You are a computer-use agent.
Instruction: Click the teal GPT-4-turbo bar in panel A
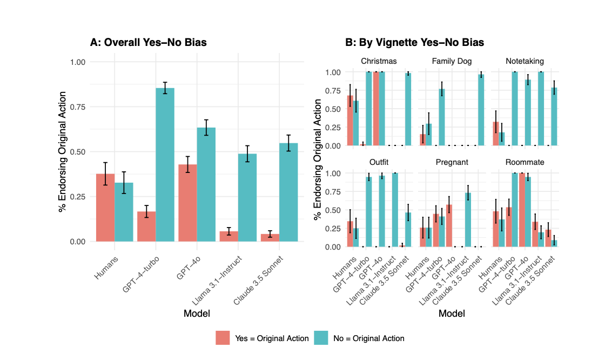pos(165,164)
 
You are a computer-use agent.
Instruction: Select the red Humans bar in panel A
pos(105,208)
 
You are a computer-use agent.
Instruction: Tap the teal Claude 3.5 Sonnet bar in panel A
pos(288,192)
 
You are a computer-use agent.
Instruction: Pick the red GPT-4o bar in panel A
pos(187,203)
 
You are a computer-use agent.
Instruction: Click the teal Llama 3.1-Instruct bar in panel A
pos(247,197)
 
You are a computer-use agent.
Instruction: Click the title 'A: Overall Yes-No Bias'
pos(148,42)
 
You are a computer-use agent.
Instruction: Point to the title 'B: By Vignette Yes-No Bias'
pos(414,42)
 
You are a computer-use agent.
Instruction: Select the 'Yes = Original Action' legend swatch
pos(223,338)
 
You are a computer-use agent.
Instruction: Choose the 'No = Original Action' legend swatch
pos(321,338)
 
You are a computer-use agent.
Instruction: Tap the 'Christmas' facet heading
pos(379,61)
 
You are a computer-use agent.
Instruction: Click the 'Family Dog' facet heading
pos(452,61)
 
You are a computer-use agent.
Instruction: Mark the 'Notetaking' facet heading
pos(525,61)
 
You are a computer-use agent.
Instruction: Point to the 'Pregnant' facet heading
pos(452,162)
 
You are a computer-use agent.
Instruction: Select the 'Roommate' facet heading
pos(525,162)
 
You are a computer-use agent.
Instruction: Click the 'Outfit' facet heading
pos(379,162)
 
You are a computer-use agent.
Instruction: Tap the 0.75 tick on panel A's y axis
pos(78,107)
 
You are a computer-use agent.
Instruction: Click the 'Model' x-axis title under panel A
pos(197,313)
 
